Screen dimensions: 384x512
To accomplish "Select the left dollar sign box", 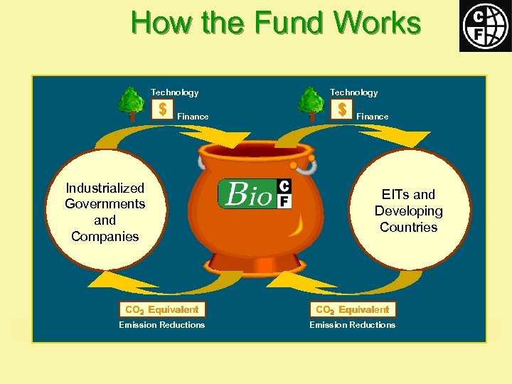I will (163, 109).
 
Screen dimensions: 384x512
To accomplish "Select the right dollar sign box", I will (342, 109).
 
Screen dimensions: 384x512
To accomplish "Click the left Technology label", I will (174, 92).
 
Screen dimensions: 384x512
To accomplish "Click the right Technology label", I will (353, 92).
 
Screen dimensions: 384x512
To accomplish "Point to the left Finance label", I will (193, 117).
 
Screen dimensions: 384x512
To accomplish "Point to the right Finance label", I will (372, 117).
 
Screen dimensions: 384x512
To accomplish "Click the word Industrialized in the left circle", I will (105, 188).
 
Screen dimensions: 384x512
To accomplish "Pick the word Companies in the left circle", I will (105, 236).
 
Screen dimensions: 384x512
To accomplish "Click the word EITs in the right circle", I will (392, 195).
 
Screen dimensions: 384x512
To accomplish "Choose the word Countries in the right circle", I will (408, 228).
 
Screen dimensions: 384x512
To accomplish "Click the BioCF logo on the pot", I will (255, 193).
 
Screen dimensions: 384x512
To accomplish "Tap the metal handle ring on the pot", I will (306, 167).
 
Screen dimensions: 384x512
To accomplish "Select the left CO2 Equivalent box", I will (161, 309).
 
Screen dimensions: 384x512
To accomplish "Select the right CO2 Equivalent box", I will (352, 309).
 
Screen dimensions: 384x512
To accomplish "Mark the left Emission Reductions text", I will (161, 325).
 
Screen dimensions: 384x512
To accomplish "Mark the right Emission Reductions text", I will (352, 325).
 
